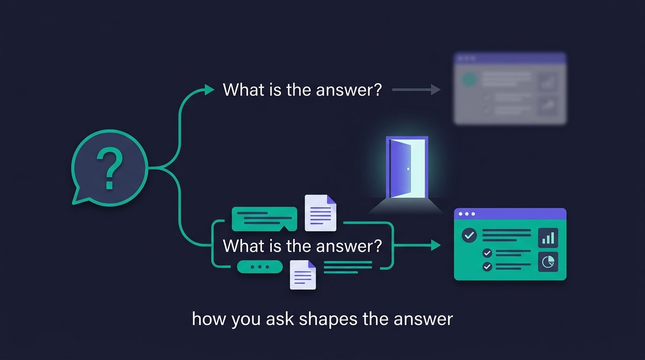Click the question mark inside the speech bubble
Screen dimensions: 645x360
pos(110,168)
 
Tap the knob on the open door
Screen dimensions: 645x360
pos(408,169)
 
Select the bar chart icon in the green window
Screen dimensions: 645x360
pos(548,238)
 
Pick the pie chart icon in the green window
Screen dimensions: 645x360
pos(548,262)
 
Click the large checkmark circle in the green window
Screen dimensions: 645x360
pos(469,235)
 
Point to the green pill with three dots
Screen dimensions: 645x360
pos(260,267)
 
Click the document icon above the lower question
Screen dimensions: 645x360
pos(321,213)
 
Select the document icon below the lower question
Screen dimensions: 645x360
pos(303,275)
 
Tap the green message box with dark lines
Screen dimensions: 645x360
pos(264,219)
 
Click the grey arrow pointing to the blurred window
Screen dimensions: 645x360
pos(416,90)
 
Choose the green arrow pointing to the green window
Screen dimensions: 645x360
pos(417,245)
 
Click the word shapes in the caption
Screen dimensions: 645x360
pos(328,320)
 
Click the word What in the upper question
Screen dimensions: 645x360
pos(244,90)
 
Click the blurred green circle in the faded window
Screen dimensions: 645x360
pos(469,79)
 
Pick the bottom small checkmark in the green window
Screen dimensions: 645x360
pos(487,266)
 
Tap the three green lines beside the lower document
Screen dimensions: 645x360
pos(348,267)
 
